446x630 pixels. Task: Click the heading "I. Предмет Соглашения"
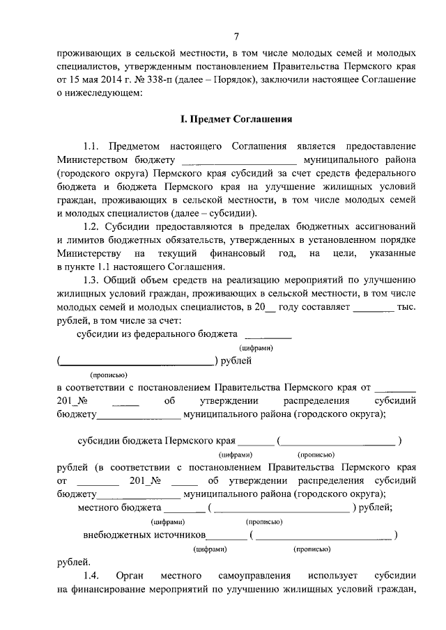click(236, 120)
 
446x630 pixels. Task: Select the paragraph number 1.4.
click(91, 576)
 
